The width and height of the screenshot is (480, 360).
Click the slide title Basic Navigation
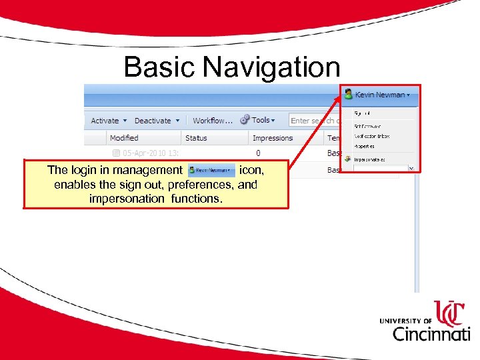click(232, 67)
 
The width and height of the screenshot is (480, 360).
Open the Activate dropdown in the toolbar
click(107, 121)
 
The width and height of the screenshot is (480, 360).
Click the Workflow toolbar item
click(212, 121)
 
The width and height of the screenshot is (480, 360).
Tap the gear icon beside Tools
click(245, 120)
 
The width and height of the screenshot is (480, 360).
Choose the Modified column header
click(124, 138)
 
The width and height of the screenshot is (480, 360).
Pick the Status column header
click(196, 138)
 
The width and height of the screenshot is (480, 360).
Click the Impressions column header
click(273, 138)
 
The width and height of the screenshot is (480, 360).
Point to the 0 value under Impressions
click(258, 153)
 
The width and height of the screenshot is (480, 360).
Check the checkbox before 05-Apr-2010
click(115, 153)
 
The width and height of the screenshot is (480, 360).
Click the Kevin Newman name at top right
click(381, 95)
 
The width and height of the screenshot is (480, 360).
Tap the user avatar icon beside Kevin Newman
click(349, 95)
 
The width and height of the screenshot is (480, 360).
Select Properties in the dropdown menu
click(364, 146)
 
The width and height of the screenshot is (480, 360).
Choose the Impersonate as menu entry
click(369, 160)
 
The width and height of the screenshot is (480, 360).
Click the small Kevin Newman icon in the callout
click(211, 171)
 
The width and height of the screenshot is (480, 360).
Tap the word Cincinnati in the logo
click(431, 333)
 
